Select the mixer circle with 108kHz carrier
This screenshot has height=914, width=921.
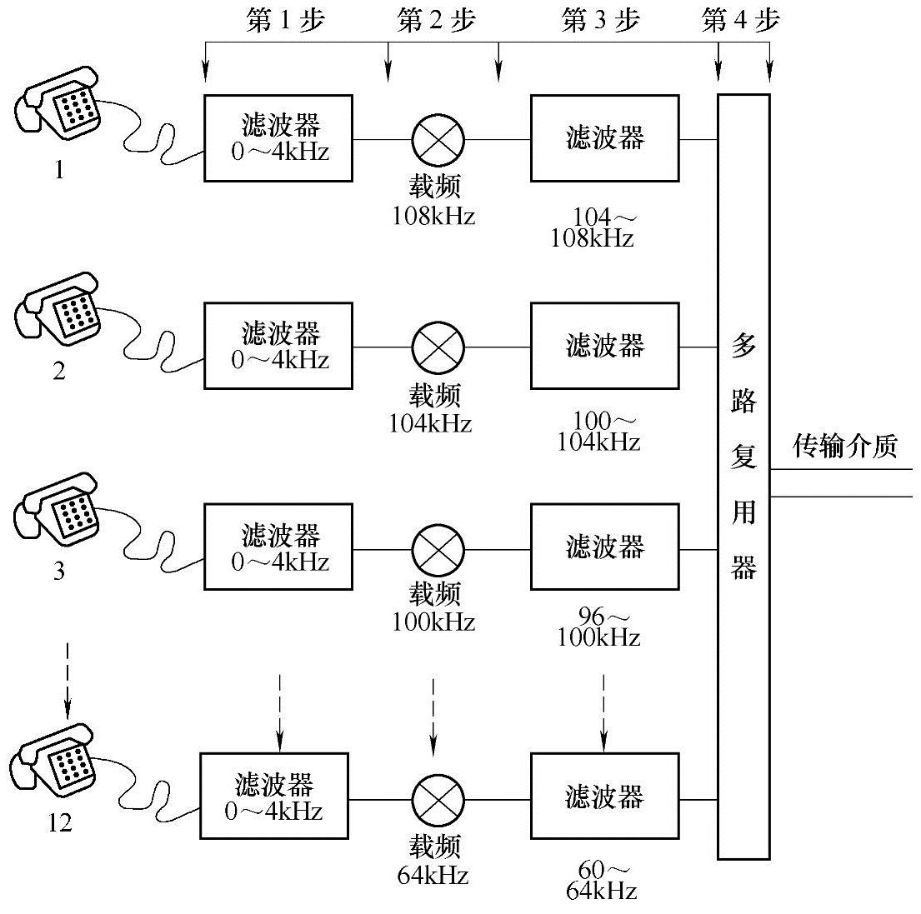click(x=438, y=138)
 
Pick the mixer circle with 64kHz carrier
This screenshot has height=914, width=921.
click(x=438, y=800)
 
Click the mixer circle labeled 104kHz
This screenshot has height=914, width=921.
click(x=438, y=346)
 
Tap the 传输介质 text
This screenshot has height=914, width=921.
click(x=844, y=447)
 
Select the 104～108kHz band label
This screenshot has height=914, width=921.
click(x=593, y=227)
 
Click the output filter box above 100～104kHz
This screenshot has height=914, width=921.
click(x=604, y=346)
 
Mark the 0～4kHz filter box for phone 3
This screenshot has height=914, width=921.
click(x=278, y=547)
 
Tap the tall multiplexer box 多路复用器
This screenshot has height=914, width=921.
click(x=743, y=476)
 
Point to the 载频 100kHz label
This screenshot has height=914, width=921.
click(x=434, y=608)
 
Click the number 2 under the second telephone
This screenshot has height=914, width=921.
click(x=59, y=372)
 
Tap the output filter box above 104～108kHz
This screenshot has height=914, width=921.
click(x=604, y=138)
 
